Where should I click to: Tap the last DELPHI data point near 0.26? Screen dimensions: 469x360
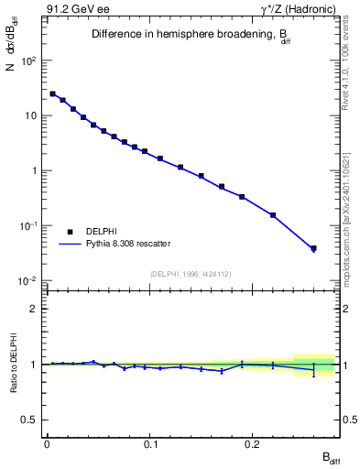pyautogui.click(x=313, y=248)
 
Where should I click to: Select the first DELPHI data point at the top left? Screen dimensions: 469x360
pyautogui.click(x=52, y=93)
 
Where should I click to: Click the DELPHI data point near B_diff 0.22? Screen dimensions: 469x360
pyautogui.click(x=273, y=215)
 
